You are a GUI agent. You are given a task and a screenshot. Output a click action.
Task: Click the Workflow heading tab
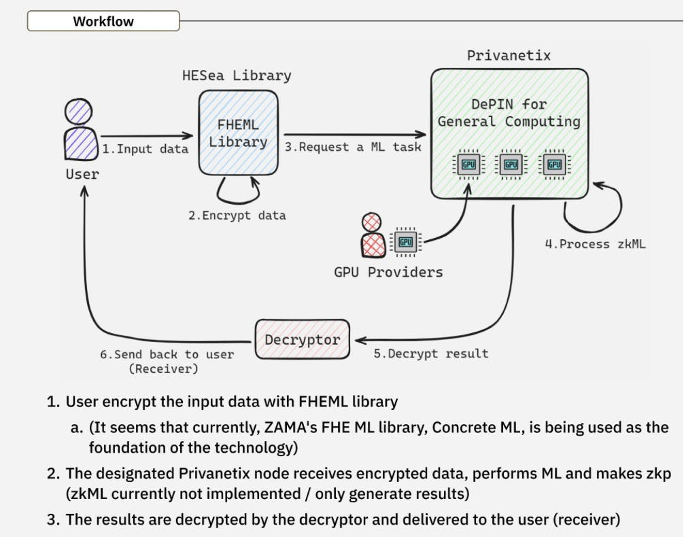[x=103, y=21]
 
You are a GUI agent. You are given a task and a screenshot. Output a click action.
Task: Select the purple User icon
[x=80, y=131]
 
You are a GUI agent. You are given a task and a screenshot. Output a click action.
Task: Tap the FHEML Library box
[x=238, y=134]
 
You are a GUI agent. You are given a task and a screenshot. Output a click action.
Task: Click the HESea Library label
[x=237, y=75]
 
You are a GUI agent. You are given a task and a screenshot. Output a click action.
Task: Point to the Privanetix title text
[x=509, y=55]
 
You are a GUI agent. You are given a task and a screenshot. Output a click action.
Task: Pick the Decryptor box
[x=302, y=339]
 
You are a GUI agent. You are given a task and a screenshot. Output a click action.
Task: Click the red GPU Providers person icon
[x=373, y=235]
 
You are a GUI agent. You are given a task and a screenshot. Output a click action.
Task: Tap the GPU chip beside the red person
[x=406, y=241]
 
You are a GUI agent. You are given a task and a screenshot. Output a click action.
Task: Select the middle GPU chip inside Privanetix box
[x=511, y=164]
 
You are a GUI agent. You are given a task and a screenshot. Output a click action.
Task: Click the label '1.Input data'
[x=145, y=149]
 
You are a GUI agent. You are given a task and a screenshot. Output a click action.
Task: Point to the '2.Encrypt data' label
[x=237, y=215]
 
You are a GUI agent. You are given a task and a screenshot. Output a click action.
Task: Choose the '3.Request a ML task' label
[x=353, y=146]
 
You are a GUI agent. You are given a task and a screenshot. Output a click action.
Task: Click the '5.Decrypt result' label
[x=431, y=353]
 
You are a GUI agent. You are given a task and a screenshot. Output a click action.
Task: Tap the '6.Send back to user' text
[x=167, y=354]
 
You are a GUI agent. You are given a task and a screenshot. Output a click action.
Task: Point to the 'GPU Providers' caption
[x=388, y=273]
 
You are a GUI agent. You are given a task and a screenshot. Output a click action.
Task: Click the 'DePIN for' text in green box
[x=509, y=105]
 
